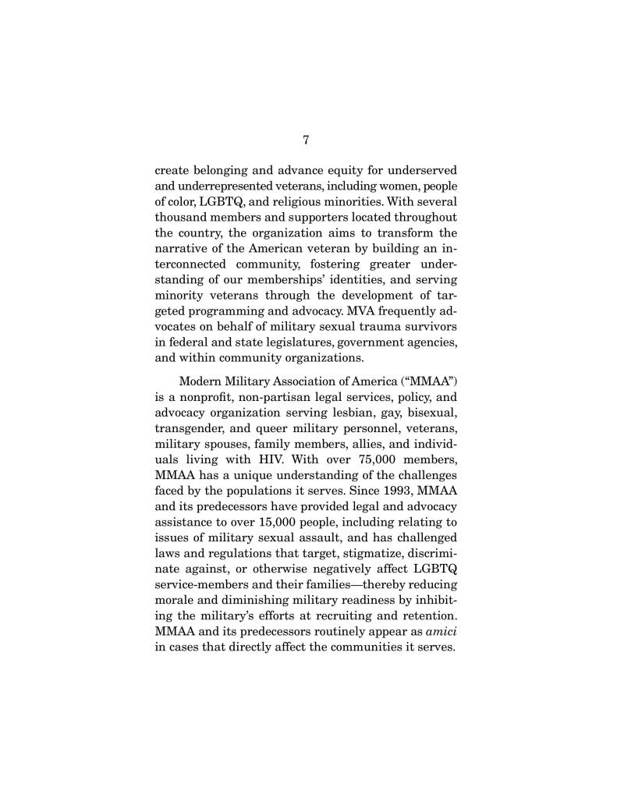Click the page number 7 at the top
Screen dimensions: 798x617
[306, 140]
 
